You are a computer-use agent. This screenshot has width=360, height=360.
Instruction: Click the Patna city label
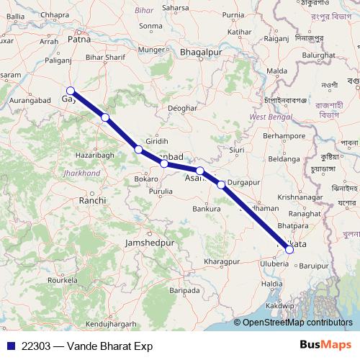tap(78, 42)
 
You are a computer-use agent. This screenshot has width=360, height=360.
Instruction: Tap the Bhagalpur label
tap(199, 53)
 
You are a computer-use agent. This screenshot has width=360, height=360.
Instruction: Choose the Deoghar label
tap(181, 108)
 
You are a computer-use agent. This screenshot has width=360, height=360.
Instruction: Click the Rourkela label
tap(62, 279)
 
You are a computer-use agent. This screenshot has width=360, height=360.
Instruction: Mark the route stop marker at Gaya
tap(70, 91)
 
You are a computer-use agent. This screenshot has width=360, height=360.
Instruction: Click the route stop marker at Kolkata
tap(289, 250)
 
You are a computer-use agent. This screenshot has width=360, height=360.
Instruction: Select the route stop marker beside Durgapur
tap(221, 184)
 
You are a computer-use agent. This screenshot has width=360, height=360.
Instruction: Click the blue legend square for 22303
tap(10, 346)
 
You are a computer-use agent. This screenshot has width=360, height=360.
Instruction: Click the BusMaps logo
tap(325, 345)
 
